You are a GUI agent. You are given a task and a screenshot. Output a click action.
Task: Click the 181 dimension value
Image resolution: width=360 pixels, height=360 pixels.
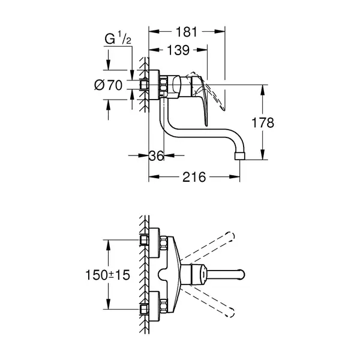(186, 32)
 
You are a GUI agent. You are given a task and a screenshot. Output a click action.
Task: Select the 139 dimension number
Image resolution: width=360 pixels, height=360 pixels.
(178, 50)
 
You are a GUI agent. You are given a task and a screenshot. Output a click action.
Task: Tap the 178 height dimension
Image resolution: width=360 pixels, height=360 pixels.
(263, 122)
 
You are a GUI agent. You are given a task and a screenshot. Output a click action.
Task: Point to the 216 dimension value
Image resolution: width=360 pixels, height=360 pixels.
(194, 177)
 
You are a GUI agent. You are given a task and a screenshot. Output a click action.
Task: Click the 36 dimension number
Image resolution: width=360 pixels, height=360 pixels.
(157, 155)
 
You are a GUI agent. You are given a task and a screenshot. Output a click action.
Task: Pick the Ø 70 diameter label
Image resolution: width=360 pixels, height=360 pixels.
(109, 85)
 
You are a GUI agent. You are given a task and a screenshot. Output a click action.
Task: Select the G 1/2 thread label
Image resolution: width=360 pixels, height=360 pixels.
(118, 38)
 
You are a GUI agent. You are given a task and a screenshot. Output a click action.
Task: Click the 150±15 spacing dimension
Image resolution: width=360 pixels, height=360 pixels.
(107, 275)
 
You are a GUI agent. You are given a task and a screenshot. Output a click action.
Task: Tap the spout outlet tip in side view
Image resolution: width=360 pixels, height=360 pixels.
(239, 156)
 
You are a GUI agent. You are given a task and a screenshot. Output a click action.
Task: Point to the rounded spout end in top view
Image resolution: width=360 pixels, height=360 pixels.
(242, 275)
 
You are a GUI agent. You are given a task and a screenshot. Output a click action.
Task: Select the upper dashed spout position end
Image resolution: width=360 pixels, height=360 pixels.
(230, 236)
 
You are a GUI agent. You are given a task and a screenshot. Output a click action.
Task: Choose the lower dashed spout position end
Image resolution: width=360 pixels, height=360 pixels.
(230, 313)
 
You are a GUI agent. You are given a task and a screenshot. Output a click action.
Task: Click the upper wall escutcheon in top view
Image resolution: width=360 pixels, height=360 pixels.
(154, 243)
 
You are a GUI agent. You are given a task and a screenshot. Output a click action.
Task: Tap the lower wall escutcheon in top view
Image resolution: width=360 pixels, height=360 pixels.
(154, 307)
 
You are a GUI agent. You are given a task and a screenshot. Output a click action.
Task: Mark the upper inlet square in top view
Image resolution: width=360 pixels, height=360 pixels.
(144, 240)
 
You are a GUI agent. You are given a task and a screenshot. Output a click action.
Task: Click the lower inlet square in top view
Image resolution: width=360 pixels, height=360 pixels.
(144, 309)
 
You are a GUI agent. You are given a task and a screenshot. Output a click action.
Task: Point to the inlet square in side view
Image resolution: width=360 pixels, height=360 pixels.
(144, 85)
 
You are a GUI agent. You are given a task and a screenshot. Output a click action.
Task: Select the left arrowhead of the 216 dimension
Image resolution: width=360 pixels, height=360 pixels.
(154, 177)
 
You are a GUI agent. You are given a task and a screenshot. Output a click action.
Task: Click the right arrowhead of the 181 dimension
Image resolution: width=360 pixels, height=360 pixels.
(220, 31)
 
